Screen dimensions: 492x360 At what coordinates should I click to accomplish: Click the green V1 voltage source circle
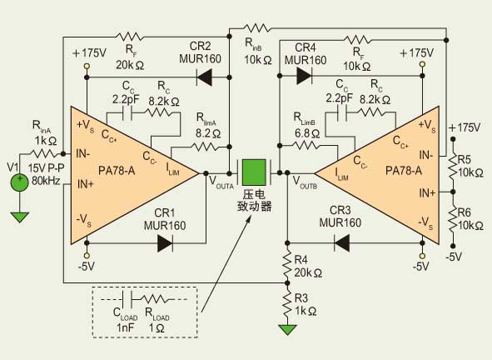20,182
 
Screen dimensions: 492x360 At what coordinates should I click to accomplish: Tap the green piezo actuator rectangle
255,172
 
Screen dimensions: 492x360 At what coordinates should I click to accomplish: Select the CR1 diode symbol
165,242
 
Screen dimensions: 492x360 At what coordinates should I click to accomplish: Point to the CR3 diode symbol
341,242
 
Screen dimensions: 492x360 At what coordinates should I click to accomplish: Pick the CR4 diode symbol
304,76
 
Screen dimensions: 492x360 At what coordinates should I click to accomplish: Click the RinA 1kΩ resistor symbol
43,154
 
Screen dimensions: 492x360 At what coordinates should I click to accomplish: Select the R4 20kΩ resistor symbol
287,263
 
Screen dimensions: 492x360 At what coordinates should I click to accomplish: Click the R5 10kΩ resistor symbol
453,166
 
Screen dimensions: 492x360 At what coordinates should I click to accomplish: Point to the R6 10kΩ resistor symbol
453,218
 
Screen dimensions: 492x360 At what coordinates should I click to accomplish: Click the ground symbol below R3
287,330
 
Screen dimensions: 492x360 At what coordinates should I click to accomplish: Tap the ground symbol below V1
19,217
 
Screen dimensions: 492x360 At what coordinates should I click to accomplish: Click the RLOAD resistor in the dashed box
156,299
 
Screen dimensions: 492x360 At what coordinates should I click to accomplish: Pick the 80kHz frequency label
46,181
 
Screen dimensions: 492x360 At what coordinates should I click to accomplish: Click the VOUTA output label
221,182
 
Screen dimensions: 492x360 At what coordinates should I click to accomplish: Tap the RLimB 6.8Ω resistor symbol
306,146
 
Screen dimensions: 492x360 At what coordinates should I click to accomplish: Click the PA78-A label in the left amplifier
117,171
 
